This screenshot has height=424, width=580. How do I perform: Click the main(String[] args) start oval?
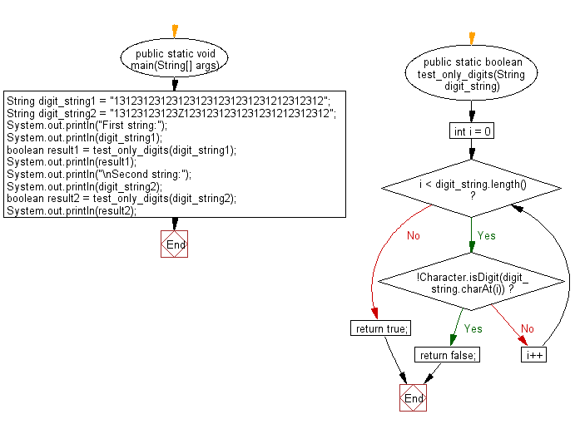(174, 60)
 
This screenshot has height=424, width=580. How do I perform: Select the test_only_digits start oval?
(472, 74)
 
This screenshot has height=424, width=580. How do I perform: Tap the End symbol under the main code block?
(175, 244)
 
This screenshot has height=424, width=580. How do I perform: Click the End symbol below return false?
(413, 398)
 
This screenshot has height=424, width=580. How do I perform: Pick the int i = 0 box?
(472, 131)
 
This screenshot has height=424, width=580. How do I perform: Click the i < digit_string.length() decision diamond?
(472, 190)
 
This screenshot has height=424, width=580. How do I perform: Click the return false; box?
(448, 355)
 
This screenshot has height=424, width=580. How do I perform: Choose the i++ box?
(533, 355)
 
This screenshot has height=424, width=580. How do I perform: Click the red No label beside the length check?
(414, 235)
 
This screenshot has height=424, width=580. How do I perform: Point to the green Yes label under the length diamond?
(486, 235)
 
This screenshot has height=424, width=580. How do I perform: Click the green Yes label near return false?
(473, 328)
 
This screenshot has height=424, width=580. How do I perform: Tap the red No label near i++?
(527, 328)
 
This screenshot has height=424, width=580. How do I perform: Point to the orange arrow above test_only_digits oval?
(472, 37)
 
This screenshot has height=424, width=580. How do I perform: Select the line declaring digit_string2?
(171, 113)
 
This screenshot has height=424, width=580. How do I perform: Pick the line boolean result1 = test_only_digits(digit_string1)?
(121, 150)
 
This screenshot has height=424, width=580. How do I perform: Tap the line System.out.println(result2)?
(71, 211)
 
